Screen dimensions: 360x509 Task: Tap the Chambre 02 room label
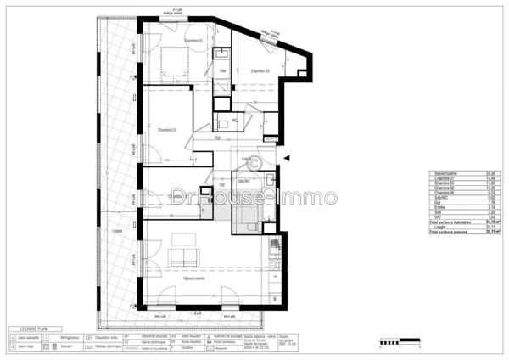[x=260, y=71]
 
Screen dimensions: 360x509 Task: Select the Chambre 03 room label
[x=167, y=130]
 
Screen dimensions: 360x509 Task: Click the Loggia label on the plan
[x=116, y=230]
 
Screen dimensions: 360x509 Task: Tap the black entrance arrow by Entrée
[x=288, y=159]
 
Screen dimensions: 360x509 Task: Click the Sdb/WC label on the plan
[x=244, y=182]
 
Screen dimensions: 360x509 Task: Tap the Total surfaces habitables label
[x=448, y=222]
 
